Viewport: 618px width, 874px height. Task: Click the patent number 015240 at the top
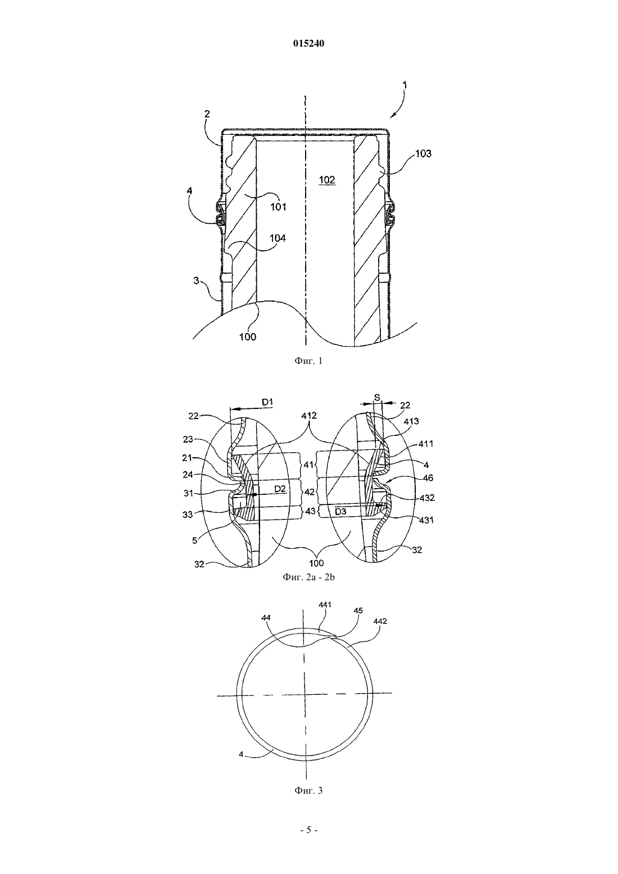308,44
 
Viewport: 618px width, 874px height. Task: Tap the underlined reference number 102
327,180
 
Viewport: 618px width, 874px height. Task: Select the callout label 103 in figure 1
423,154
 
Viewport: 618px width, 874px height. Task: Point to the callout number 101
279,207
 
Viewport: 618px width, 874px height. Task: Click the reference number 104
278,238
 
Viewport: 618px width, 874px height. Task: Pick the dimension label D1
267,402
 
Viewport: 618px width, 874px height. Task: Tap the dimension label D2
280,489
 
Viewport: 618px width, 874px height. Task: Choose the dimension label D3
340,512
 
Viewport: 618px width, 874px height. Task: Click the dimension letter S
378,398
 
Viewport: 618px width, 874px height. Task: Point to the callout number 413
412,421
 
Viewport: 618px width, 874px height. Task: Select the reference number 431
426,520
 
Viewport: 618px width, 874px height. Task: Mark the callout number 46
428,478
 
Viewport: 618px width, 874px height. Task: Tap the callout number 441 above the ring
325,605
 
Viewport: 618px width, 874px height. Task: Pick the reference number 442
380,621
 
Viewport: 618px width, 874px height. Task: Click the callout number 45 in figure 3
358,610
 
